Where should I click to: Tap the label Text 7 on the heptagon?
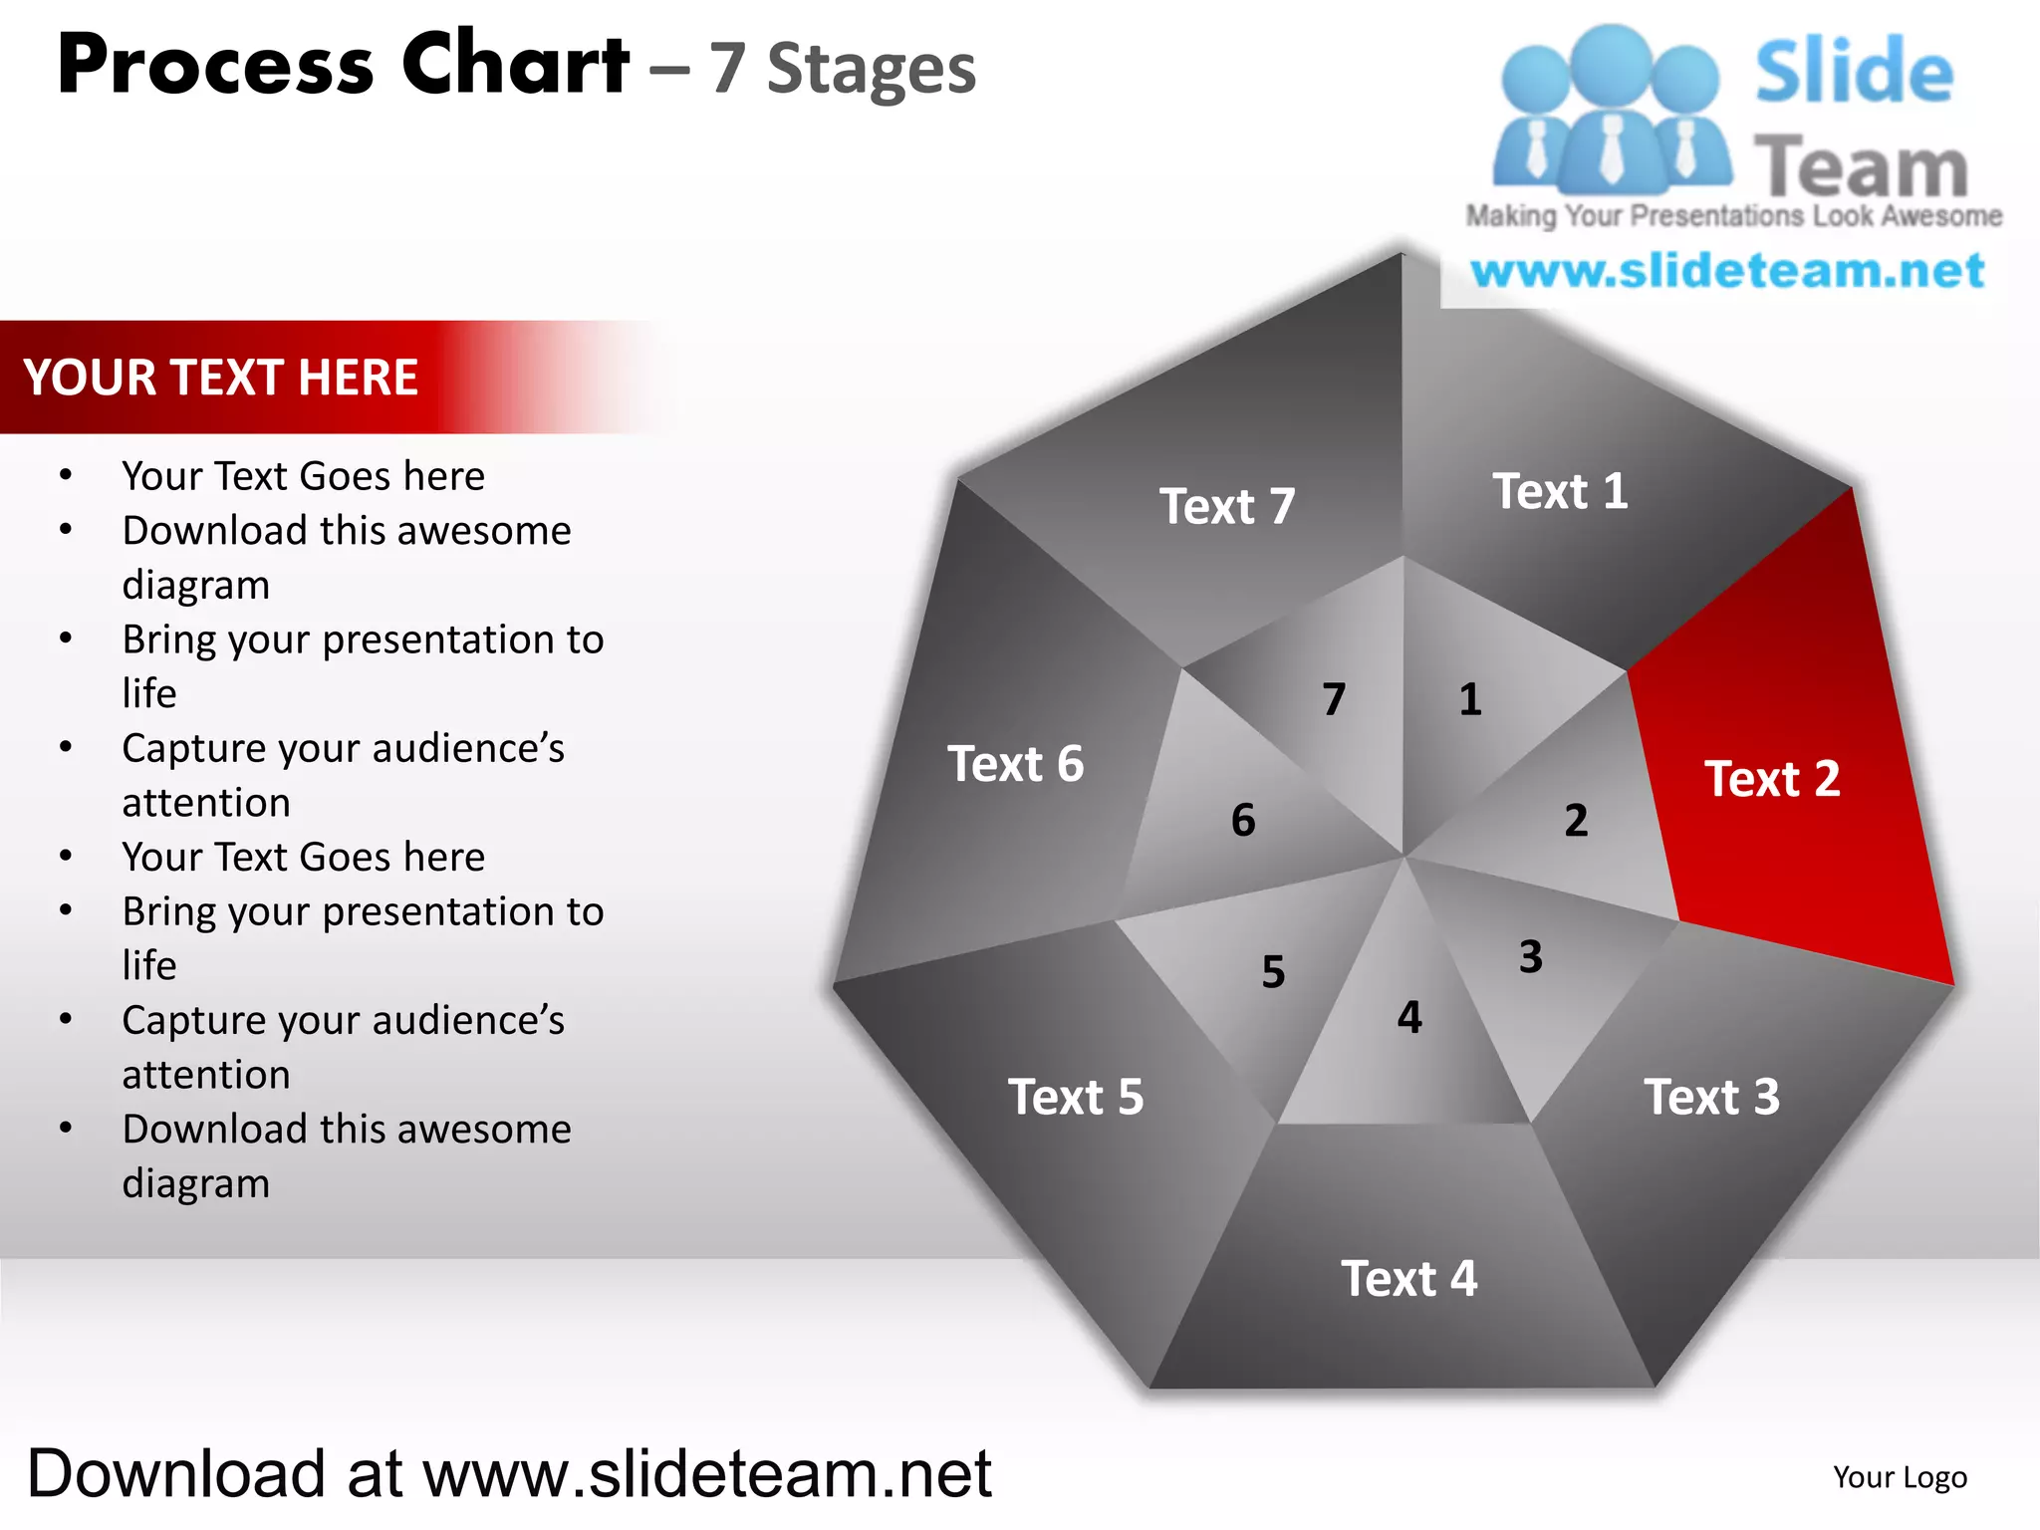tap(1226, 507)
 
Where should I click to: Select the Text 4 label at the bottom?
tap(1408, 1279)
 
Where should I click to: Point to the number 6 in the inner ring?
tap(1243, 821)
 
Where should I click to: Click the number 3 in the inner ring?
tap(1530, 957)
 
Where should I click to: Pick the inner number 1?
tap(1470, 699)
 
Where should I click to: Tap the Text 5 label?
tap(1076, 1098)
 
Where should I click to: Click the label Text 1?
tap(1560, 492)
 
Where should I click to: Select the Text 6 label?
tap(1015, 765)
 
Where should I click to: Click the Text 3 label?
tap(1711, 1098)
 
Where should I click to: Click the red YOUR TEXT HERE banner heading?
tap(221, 379)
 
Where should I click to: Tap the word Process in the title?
tap(215, 66)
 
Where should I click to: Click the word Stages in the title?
tap(872, 70)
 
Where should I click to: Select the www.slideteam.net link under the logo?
tap(1727, 271)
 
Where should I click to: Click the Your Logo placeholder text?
tap(1900, 1477)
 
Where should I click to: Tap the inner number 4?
tap(1409, 1017)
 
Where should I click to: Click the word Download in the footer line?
tap(176, 1474)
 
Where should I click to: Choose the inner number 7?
tap(1334, 699)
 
